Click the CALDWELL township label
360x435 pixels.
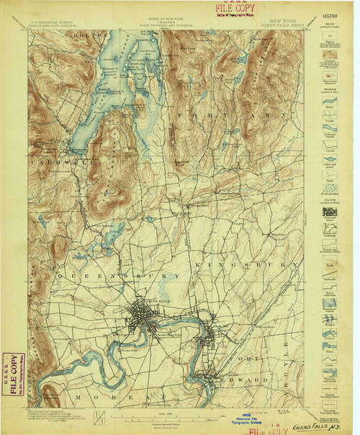[x=55, y=163]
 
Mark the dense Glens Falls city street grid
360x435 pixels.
[x=144, y=315]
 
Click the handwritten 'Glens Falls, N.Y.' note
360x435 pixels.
[x=328, y=425]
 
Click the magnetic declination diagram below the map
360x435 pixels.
[x=100, y=416]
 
